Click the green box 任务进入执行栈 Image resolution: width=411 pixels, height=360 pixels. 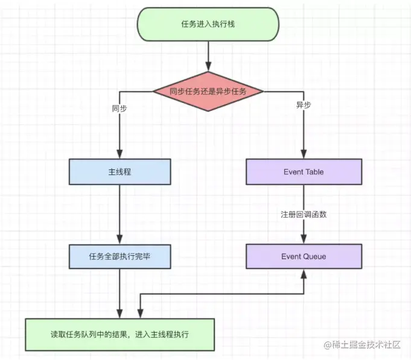point(208,24)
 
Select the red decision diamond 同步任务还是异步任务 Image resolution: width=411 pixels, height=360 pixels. point(208,92)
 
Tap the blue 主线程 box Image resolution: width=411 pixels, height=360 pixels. point(119,172)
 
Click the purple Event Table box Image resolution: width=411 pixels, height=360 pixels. point(304,172)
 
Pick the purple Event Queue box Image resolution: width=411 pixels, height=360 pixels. point(304,256)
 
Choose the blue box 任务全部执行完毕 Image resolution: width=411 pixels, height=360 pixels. point(119,256)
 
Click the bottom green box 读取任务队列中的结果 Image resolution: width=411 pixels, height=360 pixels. point(119,335)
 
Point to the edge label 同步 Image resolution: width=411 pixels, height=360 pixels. point(119,109)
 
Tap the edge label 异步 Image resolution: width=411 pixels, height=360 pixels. point(304,105)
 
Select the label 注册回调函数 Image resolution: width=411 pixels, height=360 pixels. point(304,215)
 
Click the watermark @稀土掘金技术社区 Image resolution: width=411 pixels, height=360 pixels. point(362,345)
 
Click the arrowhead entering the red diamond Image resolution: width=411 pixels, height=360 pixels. point(208,66)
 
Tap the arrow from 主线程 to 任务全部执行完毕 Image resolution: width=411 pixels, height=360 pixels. point(119,215)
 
